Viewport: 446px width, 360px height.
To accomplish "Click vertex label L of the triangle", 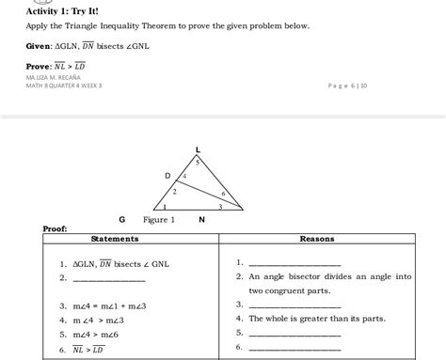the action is click(198, 149).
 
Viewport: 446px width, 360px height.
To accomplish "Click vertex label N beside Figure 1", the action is click(201, 220).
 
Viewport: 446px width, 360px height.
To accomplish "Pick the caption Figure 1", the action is click(159, 220).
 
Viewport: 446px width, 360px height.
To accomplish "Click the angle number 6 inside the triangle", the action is click(223, 191).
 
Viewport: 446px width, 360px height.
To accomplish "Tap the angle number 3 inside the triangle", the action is click(220, 206).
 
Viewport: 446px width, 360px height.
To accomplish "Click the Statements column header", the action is click(129, 240).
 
